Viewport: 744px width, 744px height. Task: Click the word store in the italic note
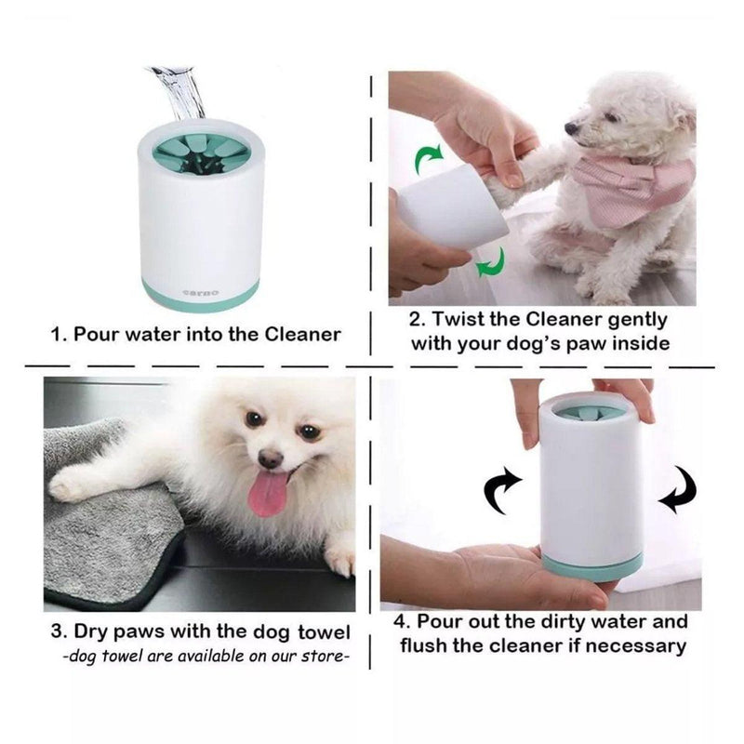tap(319, 658)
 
